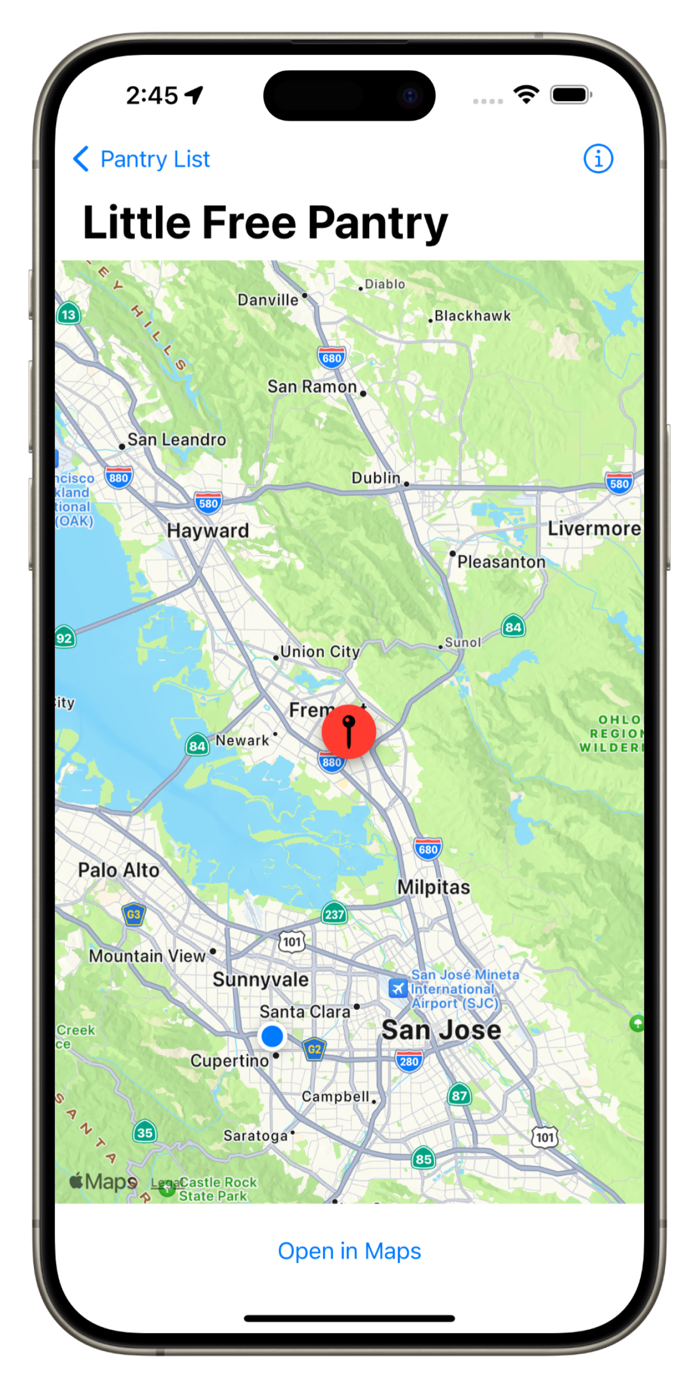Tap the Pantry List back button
coord(142,159)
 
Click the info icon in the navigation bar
coord(598,159)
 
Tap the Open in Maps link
coord(349,1251)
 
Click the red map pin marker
coord(349,732)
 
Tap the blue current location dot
coord(272,1036)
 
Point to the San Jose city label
coord(441,1030)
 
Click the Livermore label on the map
coord(594,529)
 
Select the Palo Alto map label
coord(119,870)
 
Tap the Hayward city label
coord(208,531)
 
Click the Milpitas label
coord(434,887)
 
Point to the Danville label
coord(268,300)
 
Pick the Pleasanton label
coord(501,562)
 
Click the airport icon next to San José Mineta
coord(398,989)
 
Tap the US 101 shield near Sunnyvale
coord(292,942)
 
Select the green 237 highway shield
coord(334,914)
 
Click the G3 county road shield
coord(133,914)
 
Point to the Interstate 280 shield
coord(409,1061)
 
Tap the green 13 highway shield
coord(68,315)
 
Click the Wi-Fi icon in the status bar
coord(526,94)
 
